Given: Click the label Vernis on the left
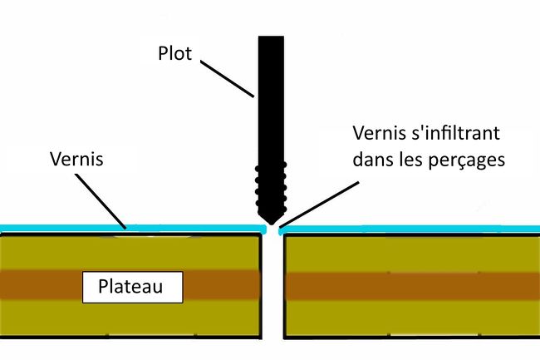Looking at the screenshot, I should coord(76,158).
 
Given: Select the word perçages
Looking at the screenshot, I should coord(467,160).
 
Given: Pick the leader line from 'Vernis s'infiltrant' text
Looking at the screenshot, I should coord(317,200).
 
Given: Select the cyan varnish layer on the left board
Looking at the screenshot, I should coord(125,227).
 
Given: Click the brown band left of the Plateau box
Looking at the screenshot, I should coord(42,285).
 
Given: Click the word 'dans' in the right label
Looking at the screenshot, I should coord(372,160).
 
